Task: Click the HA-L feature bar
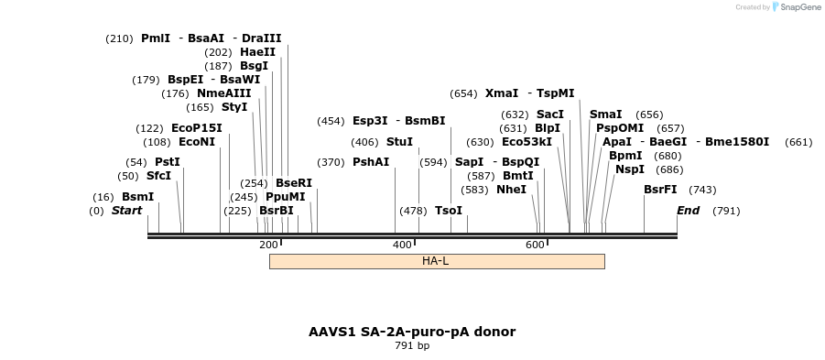tap(436, 261)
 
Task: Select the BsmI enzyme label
tap(137, 197)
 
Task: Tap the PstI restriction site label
tap(167, 162)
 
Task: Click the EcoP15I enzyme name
tap(196, 128)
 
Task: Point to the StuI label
tap(399, 142)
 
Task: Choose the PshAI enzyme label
tap(371, 162)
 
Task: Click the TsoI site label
tap(449, 211)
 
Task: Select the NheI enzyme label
tap(511, 190)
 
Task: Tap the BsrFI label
tap(660, 190)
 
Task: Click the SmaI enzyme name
tap(605, 115)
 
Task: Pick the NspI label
tap(629, 169)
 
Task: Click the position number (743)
tap(702, 190)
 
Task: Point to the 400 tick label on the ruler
tap(402, 245)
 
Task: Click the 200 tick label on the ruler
tap(268, 245)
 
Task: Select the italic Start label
tap(126, 211)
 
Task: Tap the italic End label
tap(688, 211)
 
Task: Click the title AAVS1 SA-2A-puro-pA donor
tap(412, 332)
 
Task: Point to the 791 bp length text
tap(412, 346)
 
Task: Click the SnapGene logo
tap(796, 6)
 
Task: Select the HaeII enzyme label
tap(257, 52)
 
